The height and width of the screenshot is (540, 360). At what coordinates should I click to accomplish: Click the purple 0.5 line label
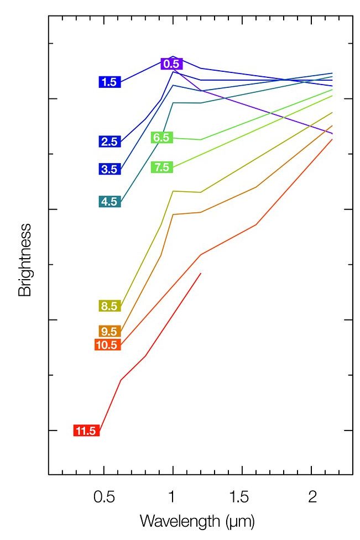click(171, 64)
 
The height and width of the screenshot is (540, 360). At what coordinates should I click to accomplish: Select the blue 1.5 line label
click(109, 82)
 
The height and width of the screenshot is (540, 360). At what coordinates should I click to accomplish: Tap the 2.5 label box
click(109, 141)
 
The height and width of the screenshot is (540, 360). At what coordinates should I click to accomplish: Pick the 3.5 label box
click(109, 169)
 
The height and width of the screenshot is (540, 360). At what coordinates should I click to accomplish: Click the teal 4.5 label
click(109, 202)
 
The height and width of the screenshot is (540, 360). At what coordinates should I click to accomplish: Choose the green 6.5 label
click(162, 138)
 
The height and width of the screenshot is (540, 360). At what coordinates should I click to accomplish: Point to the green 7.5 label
click(162, 167)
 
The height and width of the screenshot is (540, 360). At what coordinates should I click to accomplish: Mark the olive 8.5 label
click(109, 306)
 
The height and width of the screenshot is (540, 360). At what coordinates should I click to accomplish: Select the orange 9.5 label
click(109, 332)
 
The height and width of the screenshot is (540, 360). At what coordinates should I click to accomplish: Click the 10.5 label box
click(107, 345)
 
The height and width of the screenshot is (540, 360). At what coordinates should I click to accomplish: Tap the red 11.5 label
click(86, 431)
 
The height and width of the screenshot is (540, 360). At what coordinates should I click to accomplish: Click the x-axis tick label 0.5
click(104, 497)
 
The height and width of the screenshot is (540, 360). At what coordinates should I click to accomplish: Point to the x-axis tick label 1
click(173, 497)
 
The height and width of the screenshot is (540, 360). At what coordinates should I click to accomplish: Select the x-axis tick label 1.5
click(242, 497)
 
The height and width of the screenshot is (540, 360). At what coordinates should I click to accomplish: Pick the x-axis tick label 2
click(312, 497)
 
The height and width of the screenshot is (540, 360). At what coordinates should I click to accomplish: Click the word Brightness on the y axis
click(25, 260)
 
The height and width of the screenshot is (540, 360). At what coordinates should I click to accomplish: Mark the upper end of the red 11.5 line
click(201, 273)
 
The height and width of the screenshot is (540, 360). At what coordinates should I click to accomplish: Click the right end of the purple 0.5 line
click(332, 134)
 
